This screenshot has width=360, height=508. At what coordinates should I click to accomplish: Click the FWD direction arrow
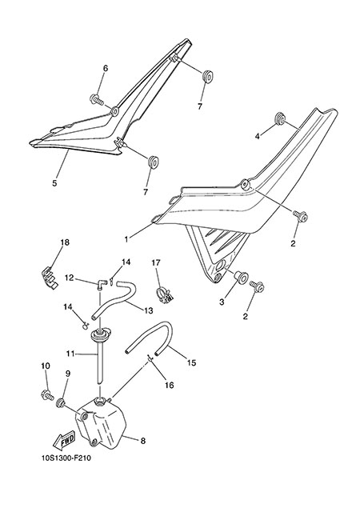[x=64, y=440]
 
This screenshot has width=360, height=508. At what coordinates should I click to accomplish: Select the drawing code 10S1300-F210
[x=66, y=458]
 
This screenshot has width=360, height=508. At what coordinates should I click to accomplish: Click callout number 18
[x=65, y=242]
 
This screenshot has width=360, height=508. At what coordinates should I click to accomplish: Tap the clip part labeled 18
[x=50, y=277]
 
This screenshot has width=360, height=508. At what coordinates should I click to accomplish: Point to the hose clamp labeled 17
[x=165, y=294]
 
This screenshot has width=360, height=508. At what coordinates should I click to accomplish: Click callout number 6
[x=106, y=68]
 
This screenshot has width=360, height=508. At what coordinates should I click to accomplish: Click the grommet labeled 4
[x=279, y=119]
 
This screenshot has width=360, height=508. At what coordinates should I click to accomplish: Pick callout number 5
[x=54, y=183]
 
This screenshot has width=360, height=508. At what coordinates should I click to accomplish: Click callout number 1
[x=126, y=239]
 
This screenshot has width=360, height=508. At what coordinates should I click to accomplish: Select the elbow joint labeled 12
[x=101, y=284]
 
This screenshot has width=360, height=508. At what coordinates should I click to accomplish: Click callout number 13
[x=149, y=310]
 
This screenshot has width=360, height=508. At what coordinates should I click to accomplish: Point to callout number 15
[x=192, y=362]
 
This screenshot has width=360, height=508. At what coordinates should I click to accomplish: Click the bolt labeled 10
[x=47, y=395]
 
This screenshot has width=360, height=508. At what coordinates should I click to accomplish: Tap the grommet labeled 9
[x=60, y=404]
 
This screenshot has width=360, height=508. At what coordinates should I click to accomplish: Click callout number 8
[x=142, y=441]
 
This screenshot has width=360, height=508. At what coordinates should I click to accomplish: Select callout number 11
[x=70, y=354]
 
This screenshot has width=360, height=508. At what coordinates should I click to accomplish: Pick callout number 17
[x=156, y=262]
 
